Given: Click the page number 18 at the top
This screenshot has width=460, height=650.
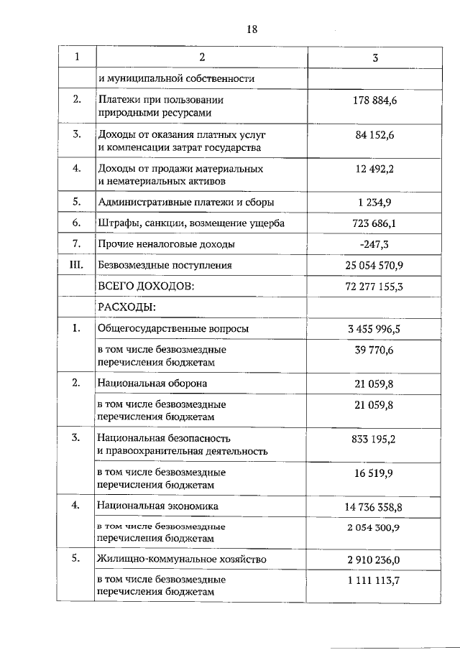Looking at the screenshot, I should (x=252, y=29).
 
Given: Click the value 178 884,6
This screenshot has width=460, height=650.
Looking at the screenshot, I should (x=374, y=101).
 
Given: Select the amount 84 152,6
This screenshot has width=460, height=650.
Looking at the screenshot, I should (x=374, y=135).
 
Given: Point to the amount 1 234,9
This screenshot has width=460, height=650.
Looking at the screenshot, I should (x=374, y=203).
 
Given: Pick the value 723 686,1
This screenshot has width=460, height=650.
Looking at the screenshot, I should (x=374, y=223).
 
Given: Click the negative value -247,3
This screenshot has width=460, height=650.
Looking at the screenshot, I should (x=374, y=244).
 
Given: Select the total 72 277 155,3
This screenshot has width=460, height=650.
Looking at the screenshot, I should (x=374, y=286).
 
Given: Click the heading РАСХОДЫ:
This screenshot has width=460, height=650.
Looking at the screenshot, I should (x=126, y=307).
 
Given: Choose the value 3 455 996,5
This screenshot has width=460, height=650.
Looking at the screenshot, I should (x=374, y=329).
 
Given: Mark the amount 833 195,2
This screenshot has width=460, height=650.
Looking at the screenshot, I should (x=374, y=438).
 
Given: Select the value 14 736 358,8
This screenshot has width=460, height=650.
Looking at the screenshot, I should (x=374, y=507).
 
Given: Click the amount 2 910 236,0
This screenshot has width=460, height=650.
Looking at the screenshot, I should (x=374, y=560).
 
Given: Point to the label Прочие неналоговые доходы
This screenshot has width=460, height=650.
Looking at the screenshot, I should (x=166, y=244).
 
